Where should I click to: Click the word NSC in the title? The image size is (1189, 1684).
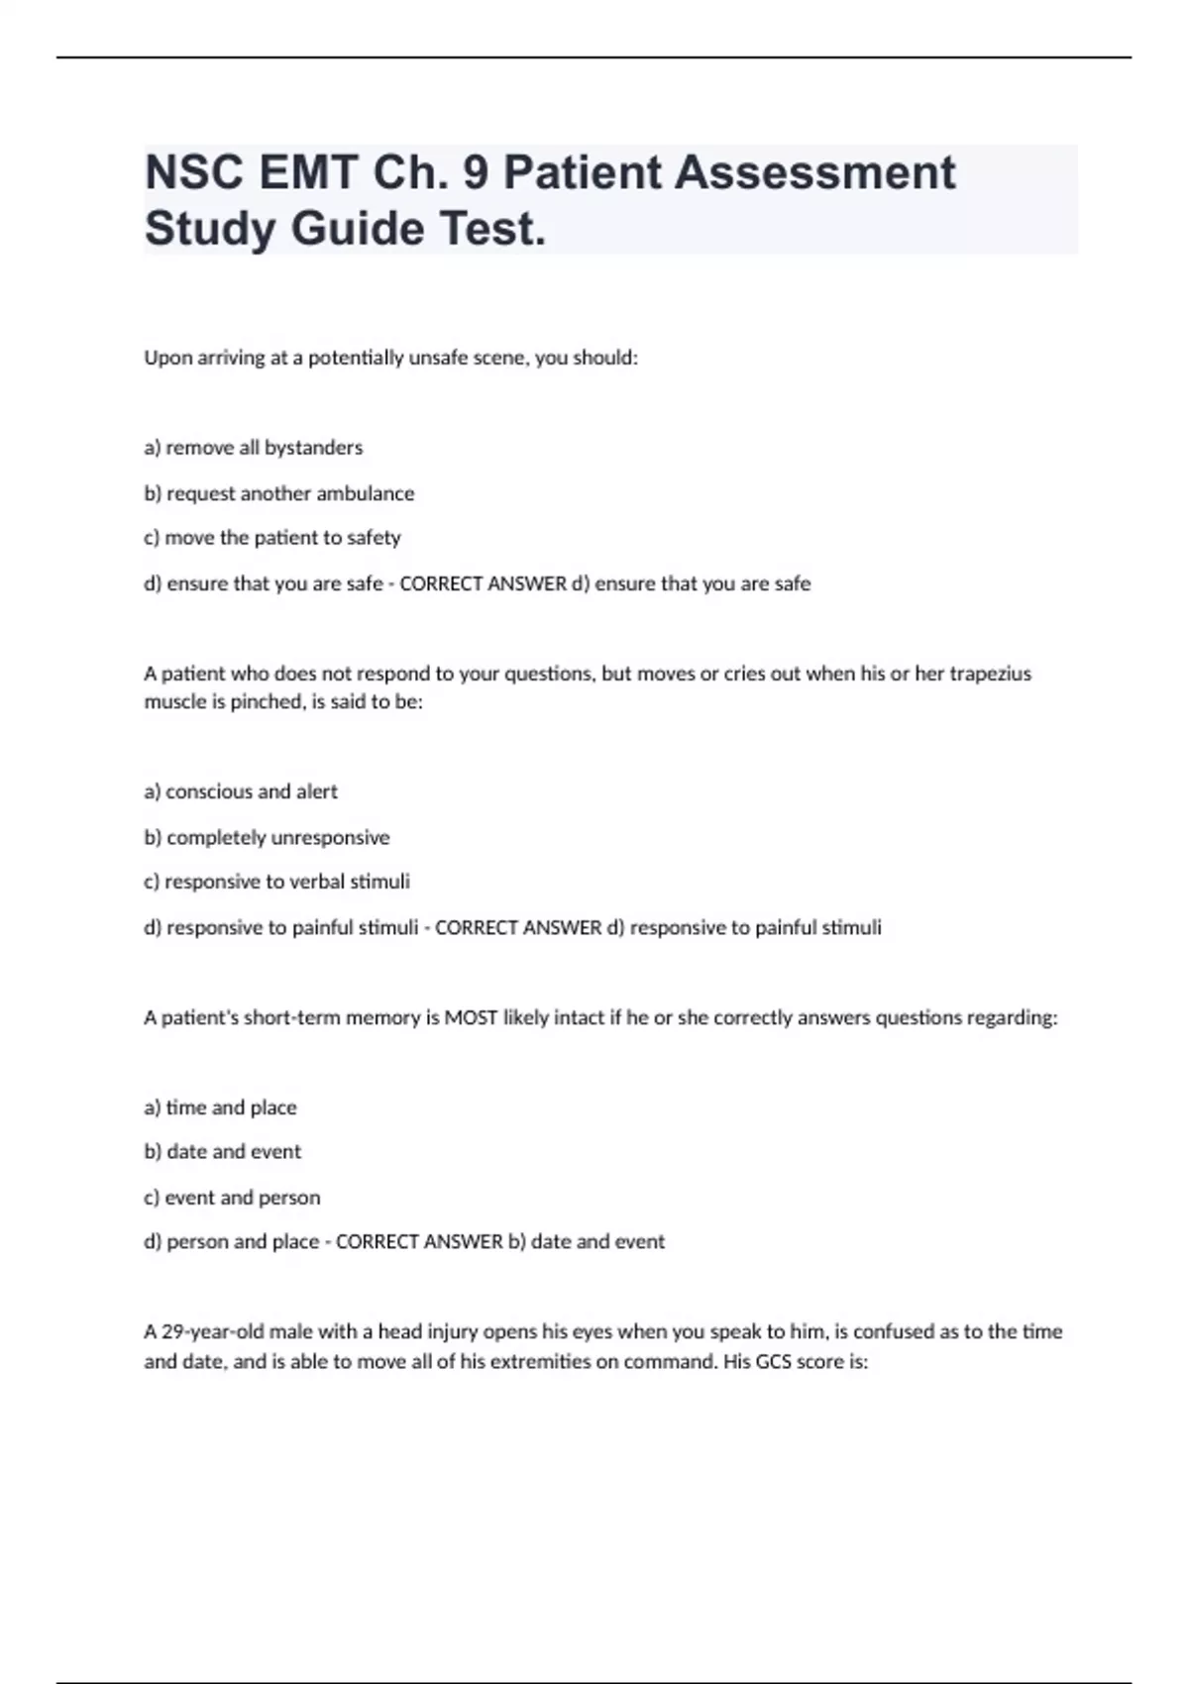click(194, 173)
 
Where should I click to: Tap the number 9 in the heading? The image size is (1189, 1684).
click(476, 173)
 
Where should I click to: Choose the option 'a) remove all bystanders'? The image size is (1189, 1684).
click(254, 448)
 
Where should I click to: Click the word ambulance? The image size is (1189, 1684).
click(366, 493)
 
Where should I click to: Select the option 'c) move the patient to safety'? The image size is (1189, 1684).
click(272, 538)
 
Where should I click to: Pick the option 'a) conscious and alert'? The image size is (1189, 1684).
click(241, 791)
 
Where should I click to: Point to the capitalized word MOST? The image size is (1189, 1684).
click(471, 1017)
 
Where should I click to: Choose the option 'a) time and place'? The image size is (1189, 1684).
click(220, 1107)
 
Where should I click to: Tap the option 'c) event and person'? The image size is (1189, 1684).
click(232, 1198)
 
